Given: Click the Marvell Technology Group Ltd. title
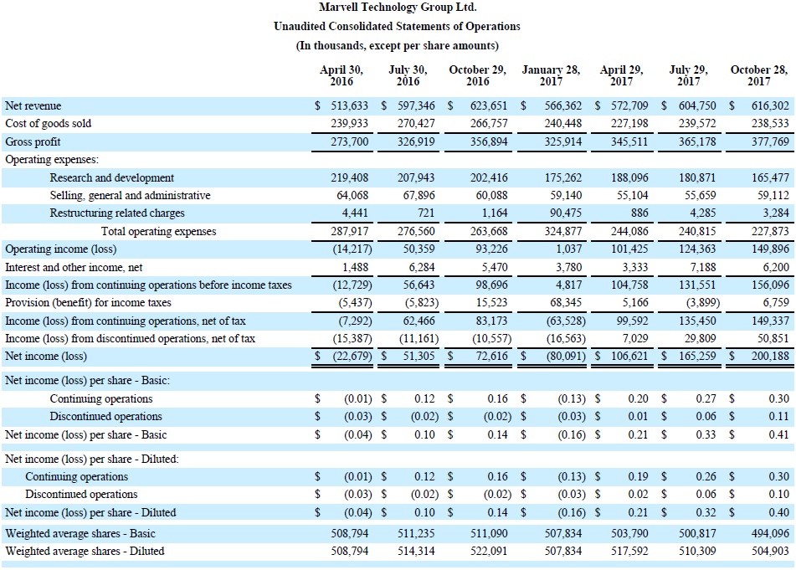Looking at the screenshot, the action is pos(398,7).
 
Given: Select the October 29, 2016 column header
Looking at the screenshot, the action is pos(477,75).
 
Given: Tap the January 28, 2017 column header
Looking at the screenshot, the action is pos(551,75).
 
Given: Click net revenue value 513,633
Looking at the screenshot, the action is pos(349,105).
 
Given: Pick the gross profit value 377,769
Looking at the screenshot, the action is pos(770,141).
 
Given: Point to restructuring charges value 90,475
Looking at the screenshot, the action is pos(566,213).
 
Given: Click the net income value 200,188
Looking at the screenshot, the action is pos(770,357).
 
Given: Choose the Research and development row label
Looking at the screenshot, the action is pos(111,177).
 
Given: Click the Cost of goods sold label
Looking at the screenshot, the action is pos(49,123).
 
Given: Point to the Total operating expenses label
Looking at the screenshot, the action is pos(158,232).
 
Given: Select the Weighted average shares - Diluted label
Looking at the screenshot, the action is pos(85,552).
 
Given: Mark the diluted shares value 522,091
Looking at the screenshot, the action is pos(488,552).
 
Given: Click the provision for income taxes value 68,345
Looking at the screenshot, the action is pos(566,302).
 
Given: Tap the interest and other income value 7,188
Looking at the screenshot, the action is pos(704,267).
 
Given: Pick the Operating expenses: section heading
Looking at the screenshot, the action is pos(52,159).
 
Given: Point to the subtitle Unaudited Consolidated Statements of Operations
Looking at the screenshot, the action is pos(397,27).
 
